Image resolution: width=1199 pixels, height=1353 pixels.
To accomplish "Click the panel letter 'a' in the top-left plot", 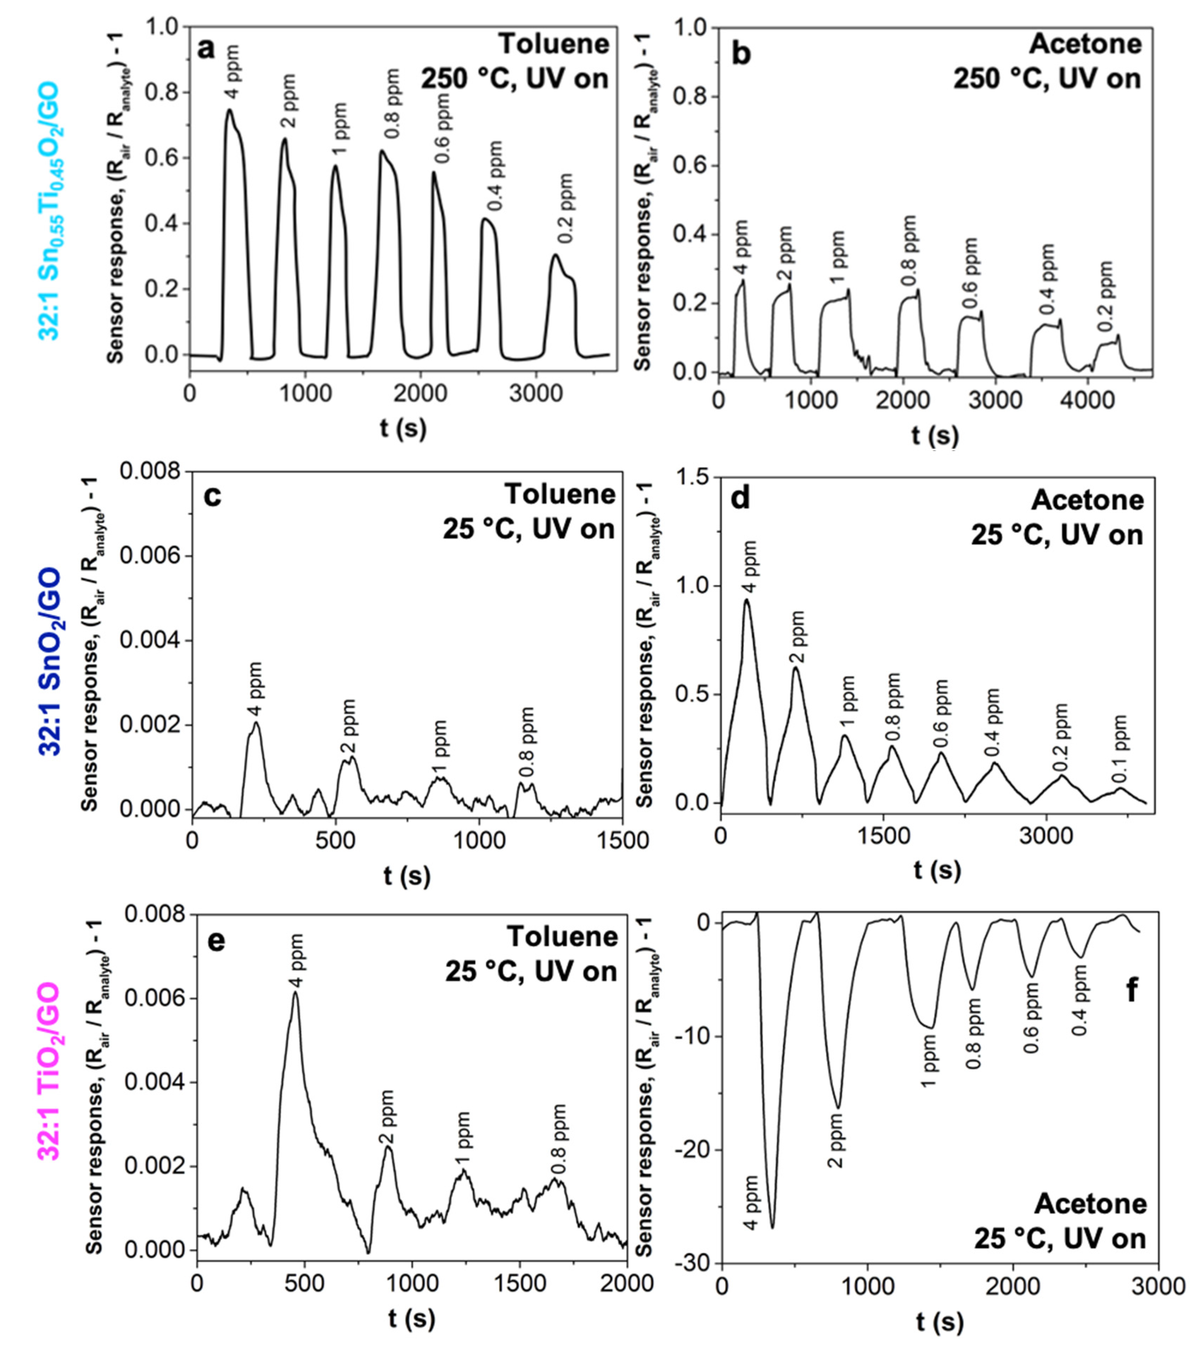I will (207, 49).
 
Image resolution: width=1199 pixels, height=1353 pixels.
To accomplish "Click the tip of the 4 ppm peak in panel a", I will (230, 110).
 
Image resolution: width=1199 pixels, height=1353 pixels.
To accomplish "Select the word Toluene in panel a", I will (553, 44).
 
